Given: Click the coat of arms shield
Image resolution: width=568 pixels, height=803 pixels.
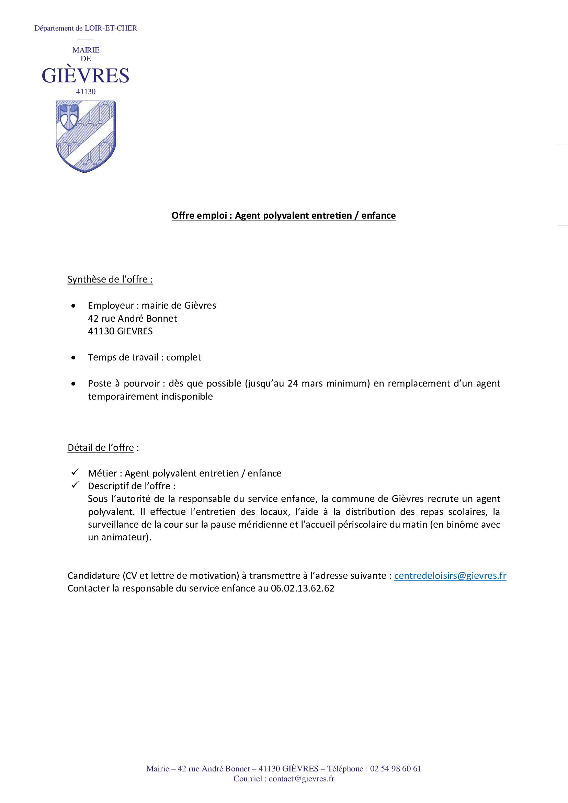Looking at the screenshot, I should tap(86, 136).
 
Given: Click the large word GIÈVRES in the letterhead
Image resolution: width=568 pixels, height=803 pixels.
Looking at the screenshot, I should tap(86, 76).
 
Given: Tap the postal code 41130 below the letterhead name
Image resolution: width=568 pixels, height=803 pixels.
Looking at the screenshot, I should tap(86, 92).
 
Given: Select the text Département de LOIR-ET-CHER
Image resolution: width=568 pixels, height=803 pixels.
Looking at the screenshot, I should tap(86, 28).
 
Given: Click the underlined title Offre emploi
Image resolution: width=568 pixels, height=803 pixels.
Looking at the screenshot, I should tap(283, 216).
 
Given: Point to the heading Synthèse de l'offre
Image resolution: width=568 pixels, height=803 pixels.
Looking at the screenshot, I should tap(110, 279).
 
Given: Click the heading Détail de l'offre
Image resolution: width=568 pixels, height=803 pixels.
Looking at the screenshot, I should tap(101, 448).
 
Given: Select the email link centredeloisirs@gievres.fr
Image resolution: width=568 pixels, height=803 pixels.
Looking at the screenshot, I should tap(450, 576).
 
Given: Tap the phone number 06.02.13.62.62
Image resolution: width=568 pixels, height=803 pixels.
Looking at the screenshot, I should tap(303, 589).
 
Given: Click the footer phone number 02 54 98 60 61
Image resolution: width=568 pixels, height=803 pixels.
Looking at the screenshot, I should tap(395, 769).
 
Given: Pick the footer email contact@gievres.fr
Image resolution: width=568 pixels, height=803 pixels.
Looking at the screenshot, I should tap(301, 779).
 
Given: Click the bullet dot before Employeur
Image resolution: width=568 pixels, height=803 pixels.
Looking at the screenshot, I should tap(73, 306).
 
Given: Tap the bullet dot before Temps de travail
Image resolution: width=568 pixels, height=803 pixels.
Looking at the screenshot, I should tap(73, 358).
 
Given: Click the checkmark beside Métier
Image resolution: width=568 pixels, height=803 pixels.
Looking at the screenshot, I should tap(75, 472).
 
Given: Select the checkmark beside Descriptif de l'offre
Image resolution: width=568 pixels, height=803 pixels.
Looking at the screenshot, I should tap(75, 485).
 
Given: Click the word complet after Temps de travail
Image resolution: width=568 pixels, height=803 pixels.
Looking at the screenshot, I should tap(184, 357).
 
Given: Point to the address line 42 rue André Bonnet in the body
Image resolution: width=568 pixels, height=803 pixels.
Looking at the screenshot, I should tap(132, 319).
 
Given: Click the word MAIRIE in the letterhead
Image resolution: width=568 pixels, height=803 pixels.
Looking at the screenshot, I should tap(86, 50).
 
